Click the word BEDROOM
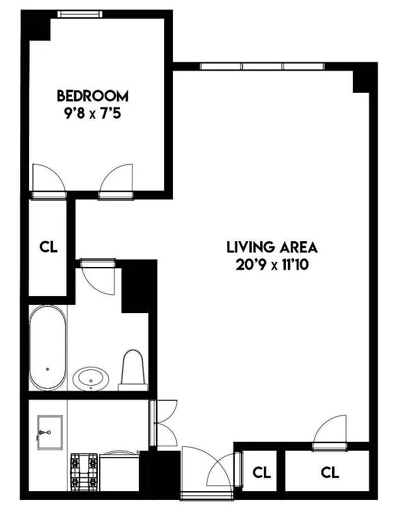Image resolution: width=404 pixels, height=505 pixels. pos(92,96)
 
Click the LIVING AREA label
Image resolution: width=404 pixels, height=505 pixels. pos(273,247)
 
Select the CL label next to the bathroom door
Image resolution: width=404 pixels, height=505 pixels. pos(49,247)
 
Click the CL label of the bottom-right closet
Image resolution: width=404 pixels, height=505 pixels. pos(330,472)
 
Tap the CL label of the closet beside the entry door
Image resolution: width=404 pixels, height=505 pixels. pos(261,472)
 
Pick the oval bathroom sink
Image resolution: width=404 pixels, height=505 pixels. pos(91,379)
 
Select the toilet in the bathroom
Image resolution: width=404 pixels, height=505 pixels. pos(133,369)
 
